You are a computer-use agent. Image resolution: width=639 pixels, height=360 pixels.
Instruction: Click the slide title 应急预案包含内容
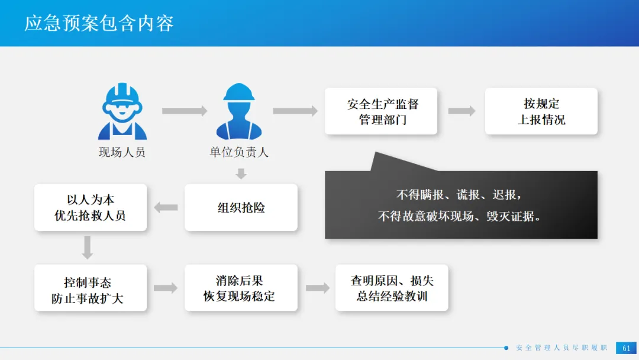[x=99, y=24]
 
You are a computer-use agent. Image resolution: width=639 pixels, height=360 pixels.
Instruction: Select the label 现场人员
[x=122, y=152]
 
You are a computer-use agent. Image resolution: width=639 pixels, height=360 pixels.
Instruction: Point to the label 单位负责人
[x=238, y=152]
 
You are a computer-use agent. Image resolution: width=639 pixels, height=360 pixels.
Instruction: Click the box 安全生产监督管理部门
[x=381, y=111]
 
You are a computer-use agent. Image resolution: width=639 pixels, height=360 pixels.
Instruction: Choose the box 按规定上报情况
[x=541, y=111]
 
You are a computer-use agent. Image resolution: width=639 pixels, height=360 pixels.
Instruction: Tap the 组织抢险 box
[x=241, y=207]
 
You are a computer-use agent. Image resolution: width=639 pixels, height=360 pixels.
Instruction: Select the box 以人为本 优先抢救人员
[x=91, y=207]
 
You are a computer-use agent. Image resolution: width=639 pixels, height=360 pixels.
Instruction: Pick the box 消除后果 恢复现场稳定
[x=240, y=288]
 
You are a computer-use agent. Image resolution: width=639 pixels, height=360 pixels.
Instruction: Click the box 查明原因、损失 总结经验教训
[x=392, y=288]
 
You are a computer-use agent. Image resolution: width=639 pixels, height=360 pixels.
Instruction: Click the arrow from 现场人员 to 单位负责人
[x=185, y=111]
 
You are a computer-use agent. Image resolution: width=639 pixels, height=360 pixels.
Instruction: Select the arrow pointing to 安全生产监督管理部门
[x=295, y=111]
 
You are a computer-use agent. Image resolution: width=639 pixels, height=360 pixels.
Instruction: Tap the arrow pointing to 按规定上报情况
[x=461, y=111]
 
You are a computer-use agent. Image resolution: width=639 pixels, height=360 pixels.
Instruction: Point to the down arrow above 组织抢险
[x=240, y=173]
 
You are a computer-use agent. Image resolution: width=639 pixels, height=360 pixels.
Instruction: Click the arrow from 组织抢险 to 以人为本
[x=166, y=207]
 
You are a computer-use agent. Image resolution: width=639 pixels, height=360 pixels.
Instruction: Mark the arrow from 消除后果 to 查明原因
[x=317, y=288]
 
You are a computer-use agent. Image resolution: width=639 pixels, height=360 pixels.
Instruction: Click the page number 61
[x=626, y=348]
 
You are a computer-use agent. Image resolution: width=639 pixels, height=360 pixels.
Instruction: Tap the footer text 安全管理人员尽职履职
[x=561, y=348]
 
